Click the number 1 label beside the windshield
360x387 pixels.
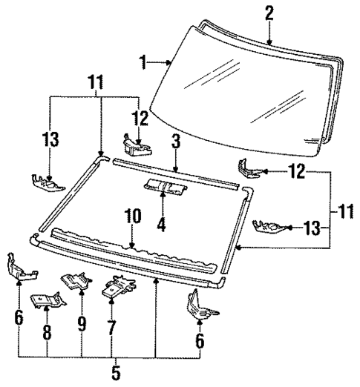[x=143, y=62]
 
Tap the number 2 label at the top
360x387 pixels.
[x=269, y=13]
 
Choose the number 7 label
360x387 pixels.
[x=111, y=325]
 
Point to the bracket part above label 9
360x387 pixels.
[x=75, y=280]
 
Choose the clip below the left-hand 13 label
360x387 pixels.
[x=45, y=179]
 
